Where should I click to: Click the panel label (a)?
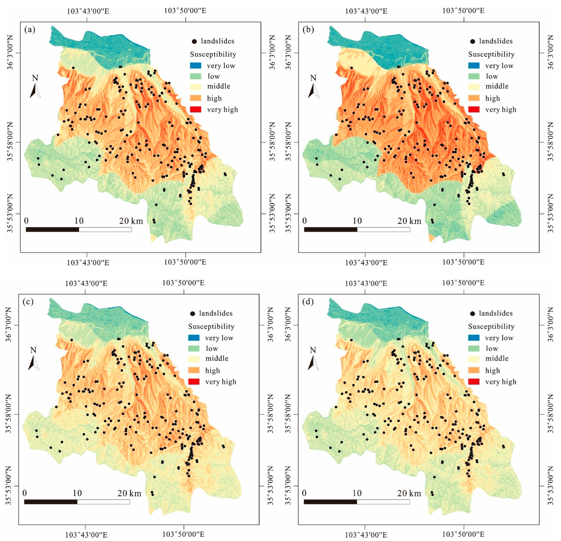(30, 29)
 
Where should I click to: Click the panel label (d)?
(308, 302)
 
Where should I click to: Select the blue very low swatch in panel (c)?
(194, 338)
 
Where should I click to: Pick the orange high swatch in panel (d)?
(474, 370)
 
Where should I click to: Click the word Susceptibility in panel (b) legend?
(491, 54)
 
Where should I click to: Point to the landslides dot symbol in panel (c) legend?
(193, 313)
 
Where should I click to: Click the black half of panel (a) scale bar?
(52, 229)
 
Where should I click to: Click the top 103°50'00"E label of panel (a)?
(185, 11)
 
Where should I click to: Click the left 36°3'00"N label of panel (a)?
(10, 52)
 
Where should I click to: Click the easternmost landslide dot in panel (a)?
(225, 174)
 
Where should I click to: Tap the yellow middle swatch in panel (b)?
(474, 86)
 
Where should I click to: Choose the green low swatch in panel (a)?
(196, 76)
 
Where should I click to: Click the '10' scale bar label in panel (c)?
(77, 493)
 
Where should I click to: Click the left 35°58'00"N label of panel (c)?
(9, 414)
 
